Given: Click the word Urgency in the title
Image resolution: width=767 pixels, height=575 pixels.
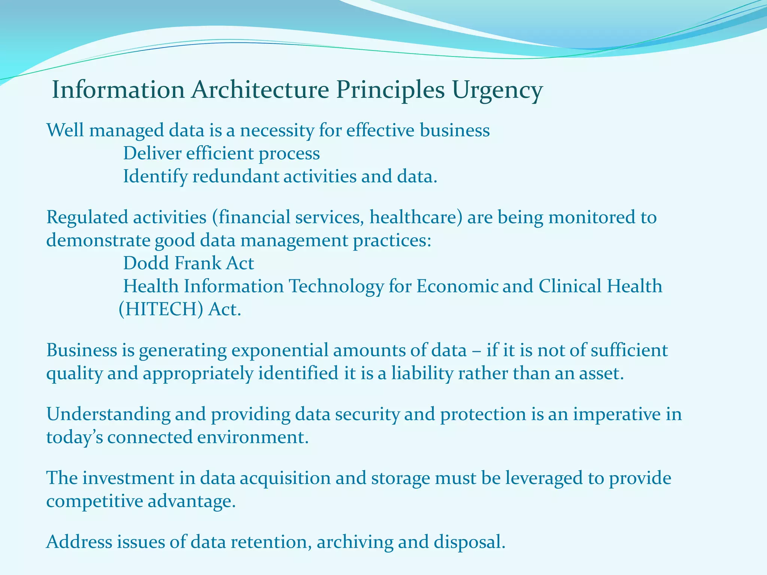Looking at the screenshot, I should [x=497, y=91].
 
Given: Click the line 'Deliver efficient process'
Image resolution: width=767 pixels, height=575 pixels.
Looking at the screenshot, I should [x=221, y=153].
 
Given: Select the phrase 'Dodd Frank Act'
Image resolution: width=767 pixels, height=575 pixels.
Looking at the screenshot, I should [x=188, y=263].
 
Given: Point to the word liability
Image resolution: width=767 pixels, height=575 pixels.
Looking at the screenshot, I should [x=422, y=374].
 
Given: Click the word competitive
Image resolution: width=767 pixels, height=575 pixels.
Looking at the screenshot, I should [x=94, y=502].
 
